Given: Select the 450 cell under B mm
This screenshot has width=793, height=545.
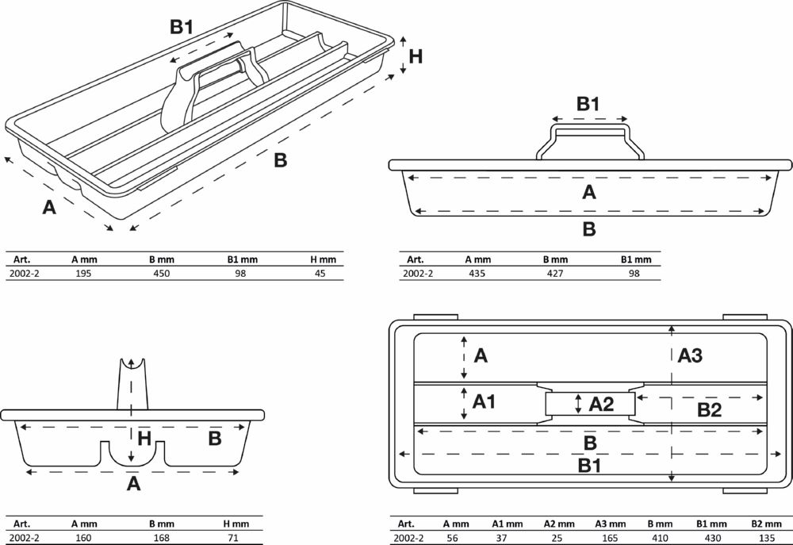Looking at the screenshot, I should coord(161,273).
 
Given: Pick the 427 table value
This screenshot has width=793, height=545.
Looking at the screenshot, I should coord(556,273).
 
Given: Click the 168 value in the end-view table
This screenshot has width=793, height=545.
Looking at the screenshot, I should coord(161,538).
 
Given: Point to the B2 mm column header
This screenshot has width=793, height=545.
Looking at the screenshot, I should coord(765,524).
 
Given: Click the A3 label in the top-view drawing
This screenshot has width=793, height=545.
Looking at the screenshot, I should coord(690,356).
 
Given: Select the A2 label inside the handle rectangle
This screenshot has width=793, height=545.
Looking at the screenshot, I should coord(602,404).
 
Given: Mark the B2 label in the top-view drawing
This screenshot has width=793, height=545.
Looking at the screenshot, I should coord(709,410).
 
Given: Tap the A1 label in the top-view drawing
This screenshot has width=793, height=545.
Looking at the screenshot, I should coord(485,402).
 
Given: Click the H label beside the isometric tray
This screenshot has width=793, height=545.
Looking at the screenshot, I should coord(416,56).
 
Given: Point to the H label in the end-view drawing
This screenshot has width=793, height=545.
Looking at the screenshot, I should coord(144,439).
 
